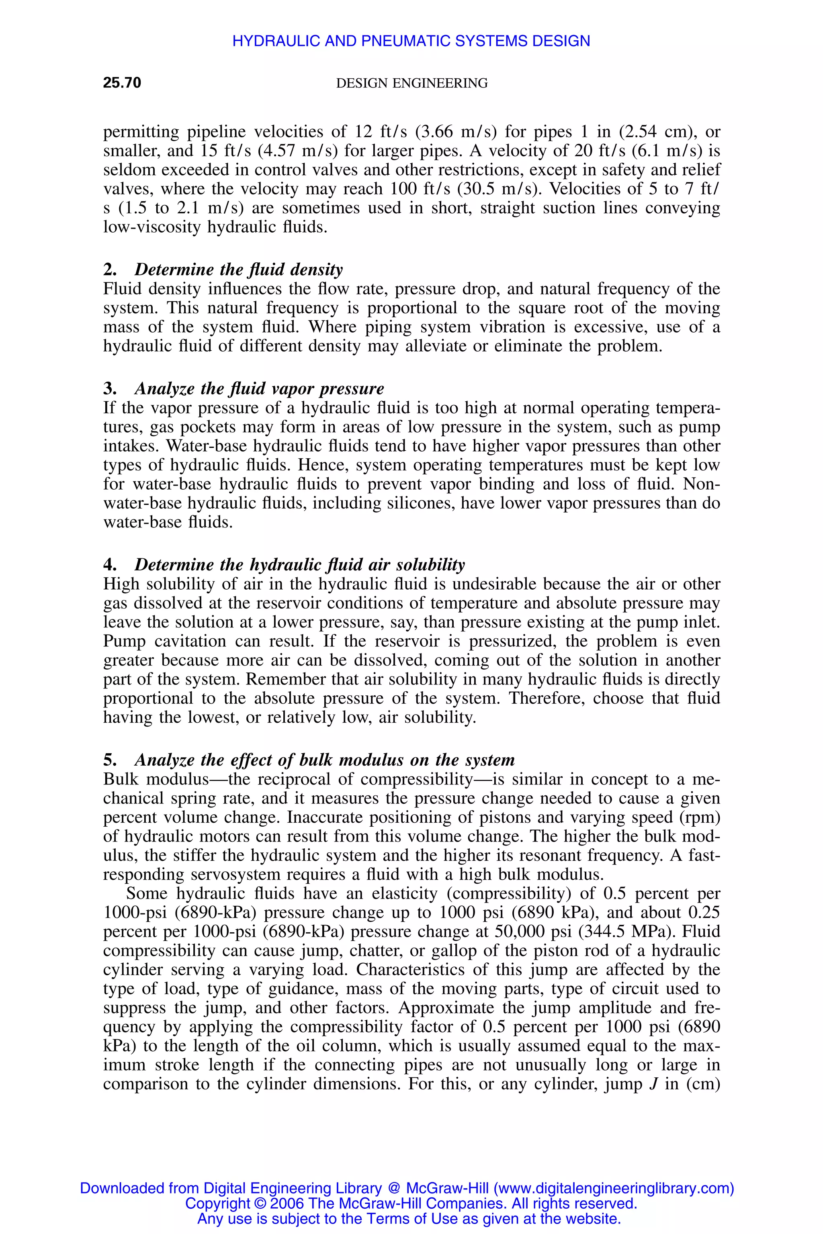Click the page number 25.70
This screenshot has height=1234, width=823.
point(122,83)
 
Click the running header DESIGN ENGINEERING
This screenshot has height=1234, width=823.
point(411,83)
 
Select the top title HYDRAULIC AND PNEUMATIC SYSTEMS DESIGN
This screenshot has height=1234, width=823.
point(411,41)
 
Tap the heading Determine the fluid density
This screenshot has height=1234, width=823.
point(238,269)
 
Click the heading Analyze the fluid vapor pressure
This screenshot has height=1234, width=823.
point(259,388)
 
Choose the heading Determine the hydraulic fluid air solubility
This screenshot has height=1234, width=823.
point(299,564)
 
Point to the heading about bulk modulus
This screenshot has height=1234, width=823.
point(324,760)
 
